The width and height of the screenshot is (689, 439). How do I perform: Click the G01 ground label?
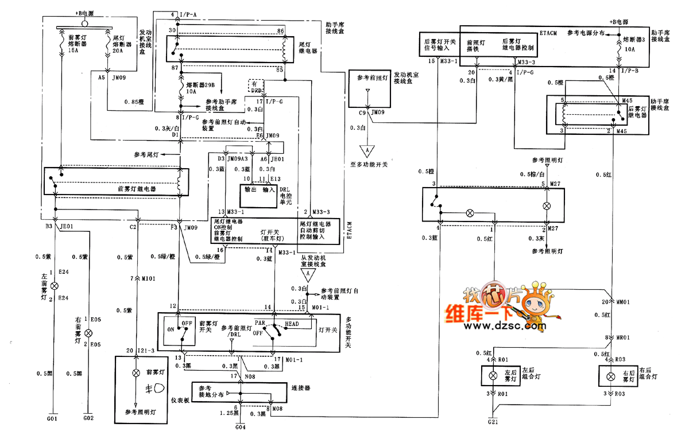tap(52, 419)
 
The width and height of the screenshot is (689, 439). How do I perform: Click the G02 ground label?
tap(88, 419)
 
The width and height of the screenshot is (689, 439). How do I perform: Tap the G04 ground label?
tap(241, 427)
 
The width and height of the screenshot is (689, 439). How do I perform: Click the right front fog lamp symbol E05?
tap(88, 333)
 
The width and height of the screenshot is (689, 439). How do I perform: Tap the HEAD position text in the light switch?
tap(292, 324)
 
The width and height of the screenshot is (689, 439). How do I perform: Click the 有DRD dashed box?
tap(256, 86)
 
